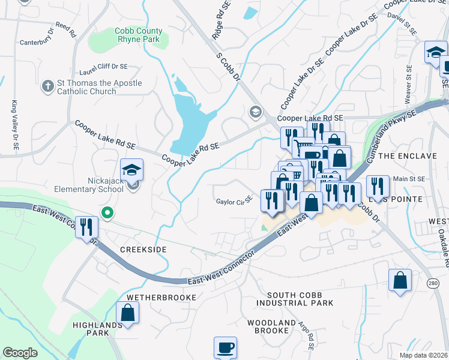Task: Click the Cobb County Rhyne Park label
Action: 139,35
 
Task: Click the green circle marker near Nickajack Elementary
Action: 107,212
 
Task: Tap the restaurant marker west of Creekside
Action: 87,227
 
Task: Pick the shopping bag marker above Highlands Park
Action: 127,313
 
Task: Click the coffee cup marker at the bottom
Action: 225,347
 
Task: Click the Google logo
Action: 20,352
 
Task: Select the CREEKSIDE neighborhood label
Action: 143,248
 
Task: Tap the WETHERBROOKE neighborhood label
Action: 161,298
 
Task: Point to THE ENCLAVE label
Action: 408,156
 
